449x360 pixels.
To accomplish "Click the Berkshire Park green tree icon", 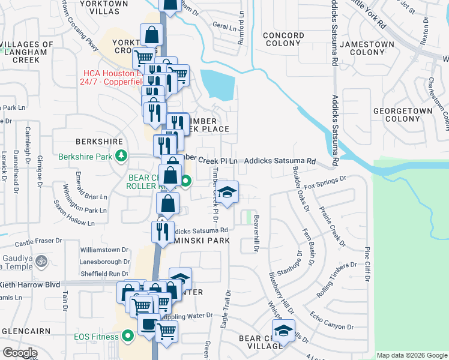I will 121,157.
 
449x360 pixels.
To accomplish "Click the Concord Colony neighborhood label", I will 283,40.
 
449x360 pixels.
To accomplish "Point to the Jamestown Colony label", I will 367,49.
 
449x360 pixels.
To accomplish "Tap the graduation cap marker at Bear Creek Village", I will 283,331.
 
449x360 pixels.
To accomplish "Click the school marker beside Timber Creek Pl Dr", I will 227,192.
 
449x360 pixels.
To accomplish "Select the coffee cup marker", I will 148,324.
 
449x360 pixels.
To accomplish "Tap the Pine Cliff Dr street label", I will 367,264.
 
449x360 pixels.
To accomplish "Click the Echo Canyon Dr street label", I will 331,320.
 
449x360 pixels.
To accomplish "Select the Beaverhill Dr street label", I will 256,233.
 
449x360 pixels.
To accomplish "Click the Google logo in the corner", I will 20,353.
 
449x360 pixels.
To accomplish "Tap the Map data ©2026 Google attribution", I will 411,355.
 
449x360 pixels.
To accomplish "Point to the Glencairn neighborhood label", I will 29,331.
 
